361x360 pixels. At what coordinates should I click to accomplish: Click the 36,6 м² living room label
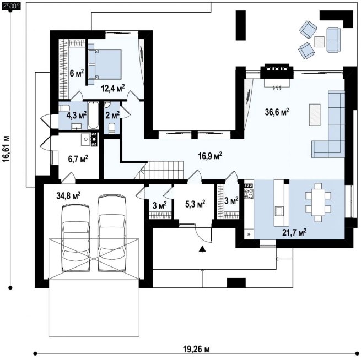click(x=277, y=112)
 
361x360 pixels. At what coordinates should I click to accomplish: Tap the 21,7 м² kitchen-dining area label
click(x=294, y=232)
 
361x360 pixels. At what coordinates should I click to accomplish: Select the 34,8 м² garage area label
click(x=68, y=195)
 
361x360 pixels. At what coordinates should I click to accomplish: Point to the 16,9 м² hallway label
click(x=210, y=156)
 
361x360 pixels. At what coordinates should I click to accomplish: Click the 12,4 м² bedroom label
click(x=113, y=88)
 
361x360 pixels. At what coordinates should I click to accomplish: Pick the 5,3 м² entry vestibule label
click(x=195, y=204)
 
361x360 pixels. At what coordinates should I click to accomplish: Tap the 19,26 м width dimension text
click(x=196, y=350)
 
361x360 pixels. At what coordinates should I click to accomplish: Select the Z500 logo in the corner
click(x=11, y=6)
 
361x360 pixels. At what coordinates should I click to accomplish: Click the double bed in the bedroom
click(x=105, y=64)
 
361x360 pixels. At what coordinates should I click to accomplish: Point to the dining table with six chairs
click(x=318, y=203)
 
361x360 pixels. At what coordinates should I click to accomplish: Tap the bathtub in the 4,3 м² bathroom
click(x=93, y=116)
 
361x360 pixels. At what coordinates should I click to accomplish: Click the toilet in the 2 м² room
click(x=112, y=128)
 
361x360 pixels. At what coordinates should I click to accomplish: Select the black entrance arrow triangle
click(x=202, y=248)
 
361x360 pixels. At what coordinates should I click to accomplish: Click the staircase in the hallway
click(x=161, y=170)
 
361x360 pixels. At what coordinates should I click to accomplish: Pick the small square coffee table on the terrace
click(x=319, y=42)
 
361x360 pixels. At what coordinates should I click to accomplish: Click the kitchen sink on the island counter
click(x=279, y=211)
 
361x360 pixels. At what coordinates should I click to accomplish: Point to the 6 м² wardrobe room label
click(x=77, y=73)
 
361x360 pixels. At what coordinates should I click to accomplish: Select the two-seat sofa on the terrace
click(x=333, y=40)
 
